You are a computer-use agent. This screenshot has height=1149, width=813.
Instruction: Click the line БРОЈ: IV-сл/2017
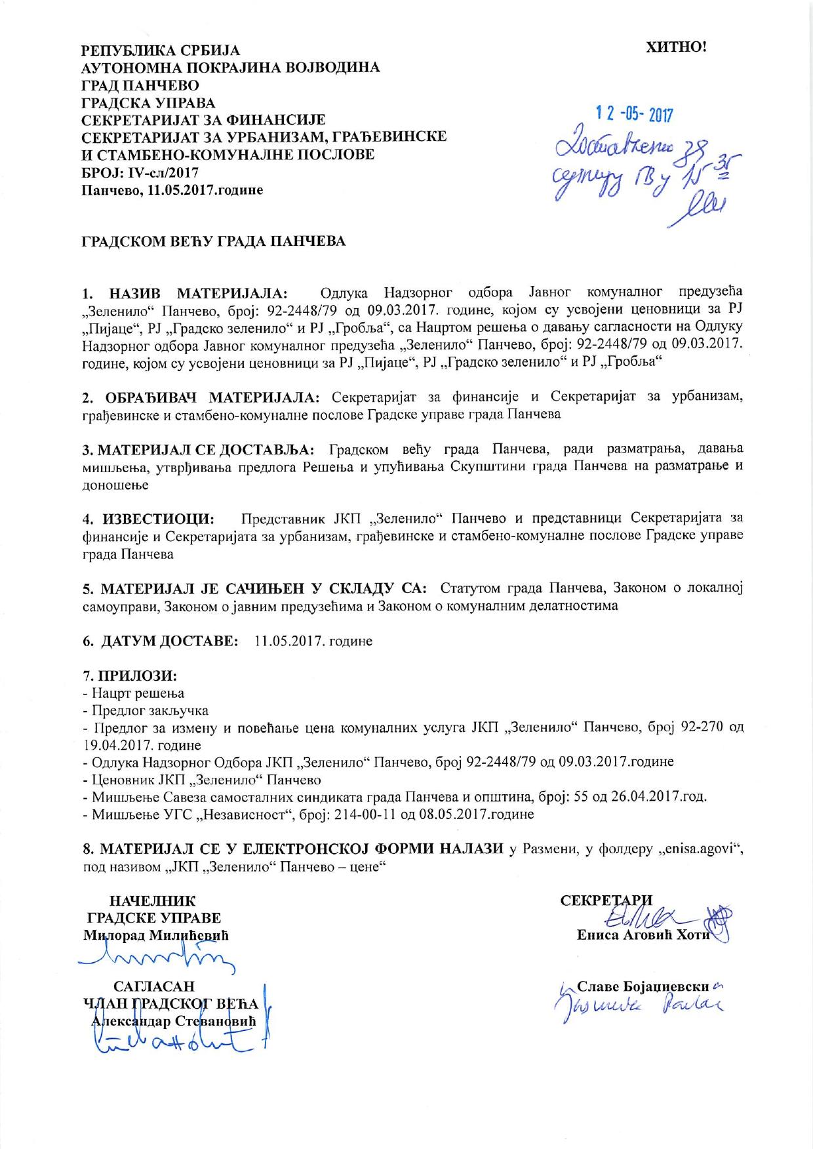pyautogui.click(x=139, y=172)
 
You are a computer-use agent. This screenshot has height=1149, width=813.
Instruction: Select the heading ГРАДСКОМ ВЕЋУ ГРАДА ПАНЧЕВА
pyautogui.click(x=213, y=241)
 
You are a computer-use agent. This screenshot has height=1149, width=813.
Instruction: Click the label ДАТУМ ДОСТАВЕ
pyautogui.click(x=169, y=641)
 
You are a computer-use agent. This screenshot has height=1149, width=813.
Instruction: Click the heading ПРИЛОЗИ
pyautogui.click(x=137, y=675)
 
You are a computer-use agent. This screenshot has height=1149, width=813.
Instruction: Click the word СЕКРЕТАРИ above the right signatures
pyautogui.click(x=606, y=900)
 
